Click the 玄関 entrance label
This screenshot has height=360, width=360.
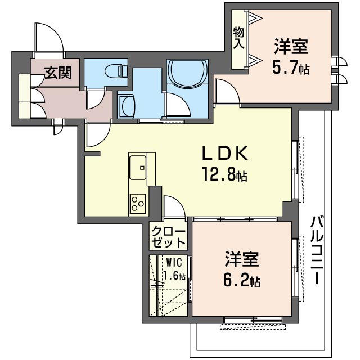58,73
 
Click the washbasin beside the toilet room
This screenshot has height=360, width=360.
127,105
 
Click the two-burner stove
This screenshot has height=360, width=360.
138,202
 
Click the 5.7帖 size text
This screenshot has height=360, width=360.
292,69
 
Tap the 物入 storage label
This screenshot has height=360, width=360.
238,37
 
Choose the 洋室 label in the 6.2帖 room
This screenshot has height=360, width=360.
242,260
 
